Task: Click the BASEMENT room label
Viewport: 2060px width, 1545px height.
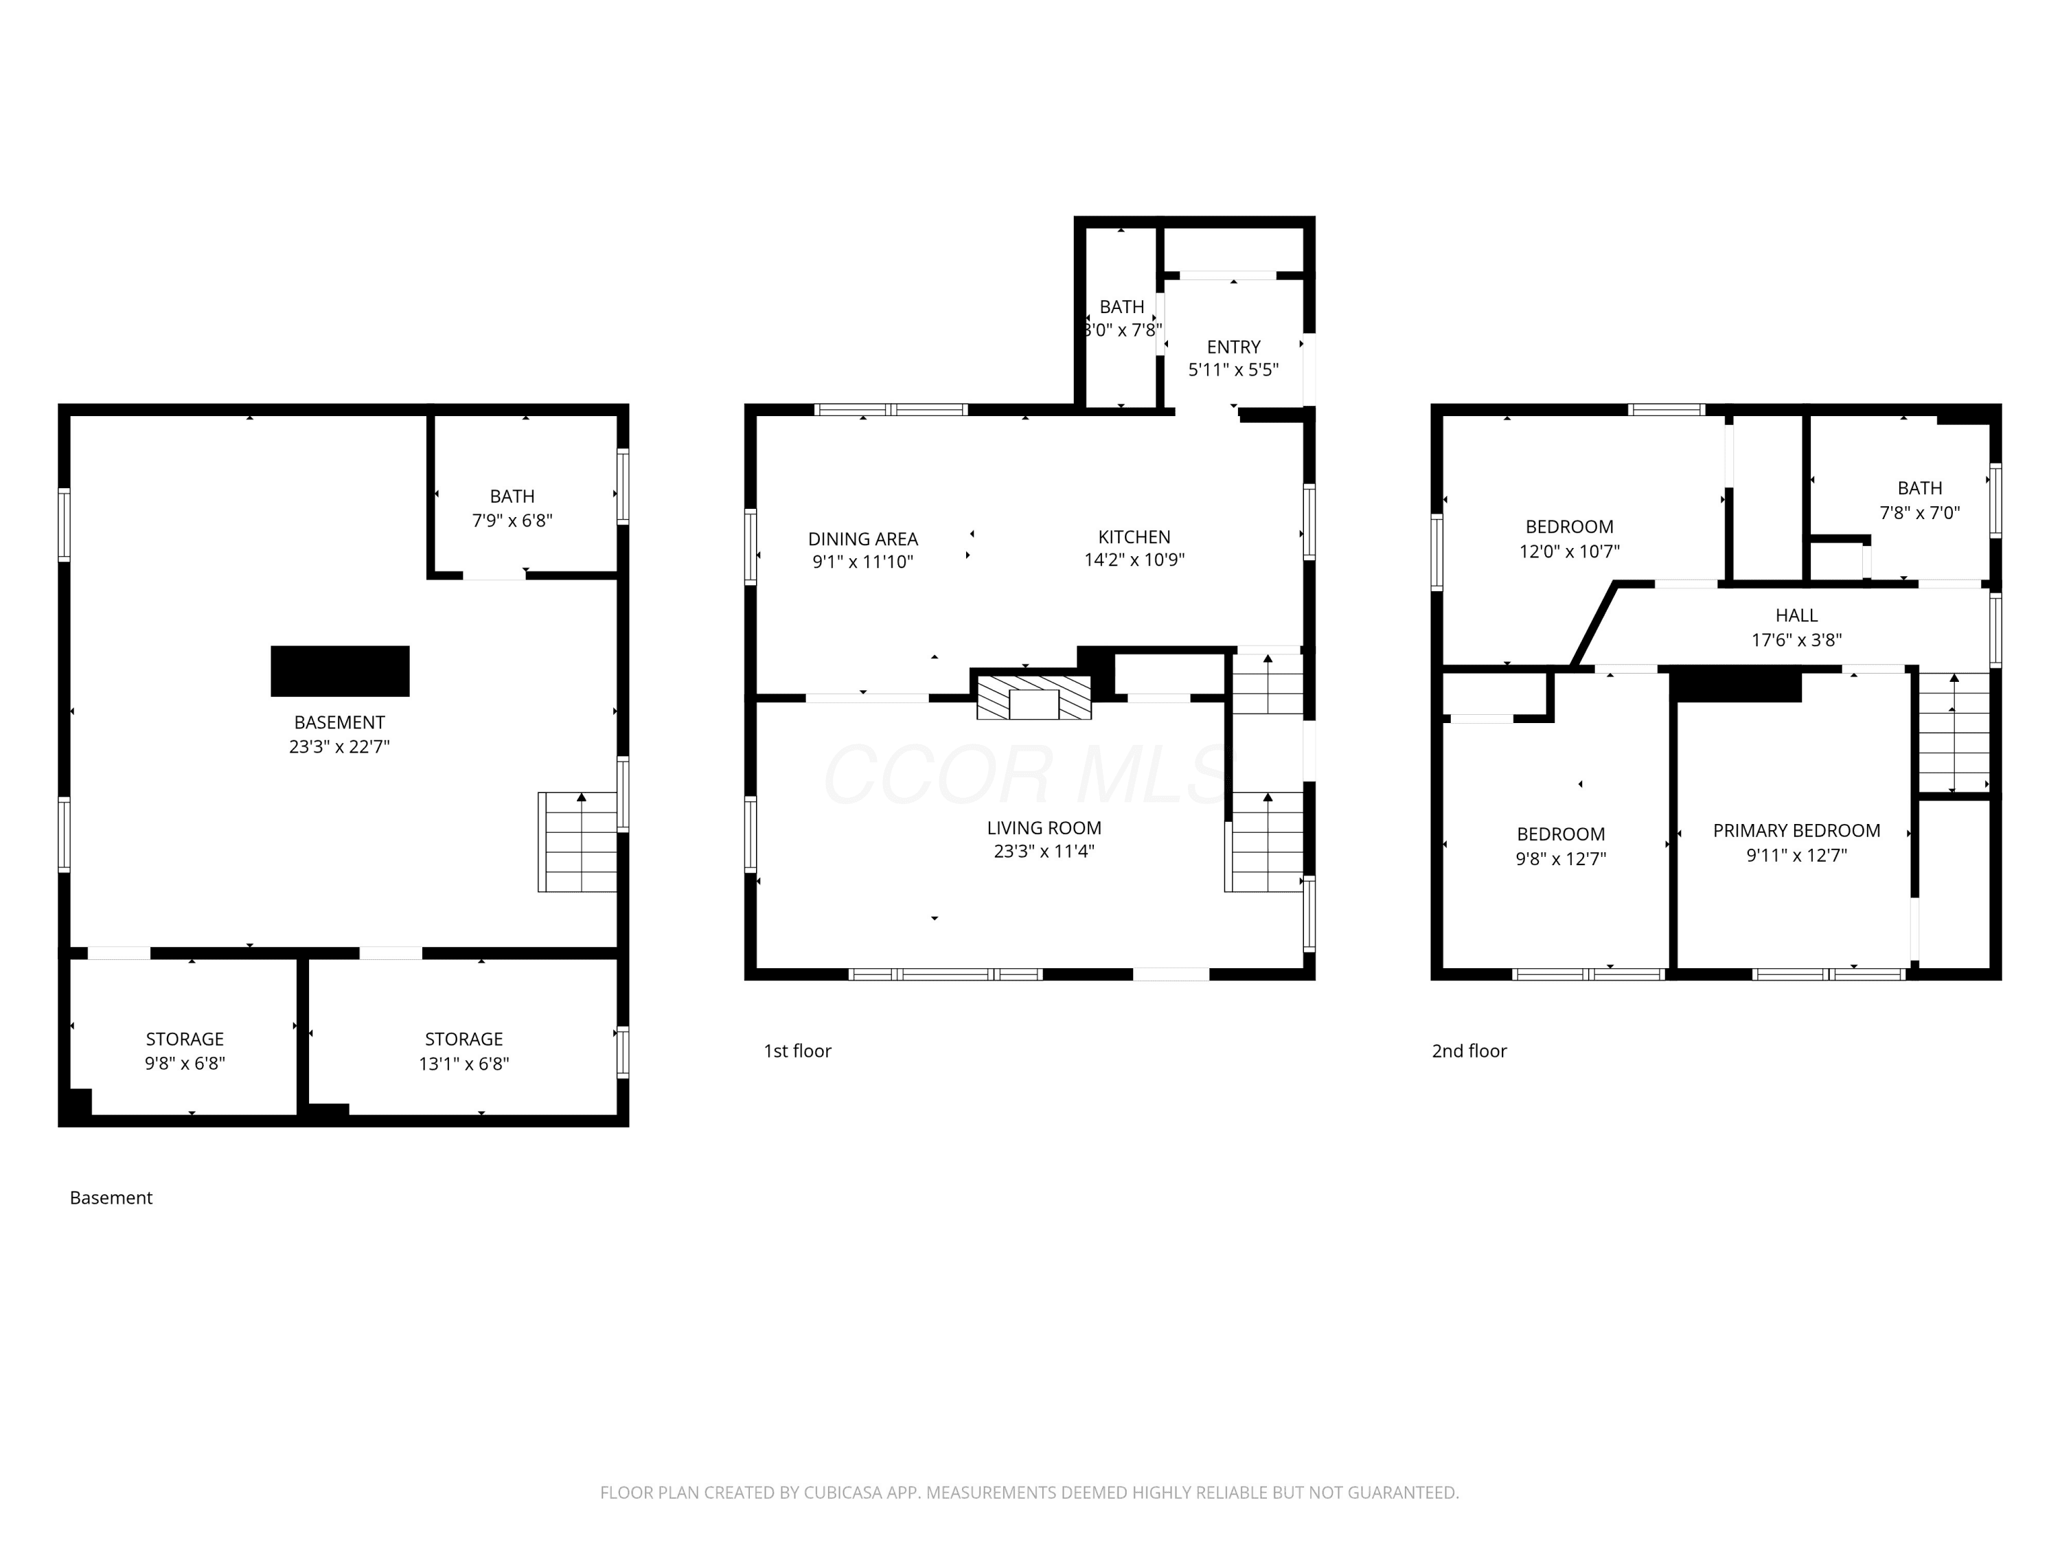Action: coord(339,722)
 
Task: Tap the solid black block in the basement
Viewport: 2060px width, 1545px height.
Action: coord(340,670)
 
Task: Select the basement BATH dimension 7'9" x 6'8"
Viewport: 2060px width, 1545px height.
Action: coord(512,520)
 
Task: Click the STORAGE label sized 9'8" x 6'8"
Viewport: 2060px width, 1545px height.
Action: coord(185,1040)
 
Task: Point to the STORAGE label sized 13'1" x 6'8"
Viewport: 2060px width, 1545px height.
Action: coord(463,1040)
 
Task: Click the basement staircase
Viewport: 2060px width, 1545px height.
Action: coord(577,842)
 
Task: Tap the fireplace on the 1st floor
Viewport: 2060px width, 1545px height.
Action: coord(1033,698)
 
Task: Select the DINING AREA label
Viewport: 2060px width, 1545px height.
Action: coord(862,539)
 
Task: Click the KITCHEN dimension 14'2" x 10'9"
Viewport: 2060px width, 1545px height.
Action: coord(1134,560)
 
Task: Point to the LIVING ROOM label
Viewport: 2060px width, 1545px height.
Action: coord(1044,828)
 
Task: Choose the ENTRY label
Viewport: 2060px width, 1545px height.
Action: coord(1233,347)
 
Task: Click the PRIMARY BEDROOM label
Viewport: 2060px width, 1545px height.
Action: coord(1796,831)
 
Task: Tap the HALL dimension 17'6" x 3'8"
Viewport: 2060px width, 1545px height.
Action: coord(1796,640)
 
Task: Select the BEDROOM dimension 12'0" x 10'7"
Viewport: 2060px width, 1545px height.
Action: coord(1569,551)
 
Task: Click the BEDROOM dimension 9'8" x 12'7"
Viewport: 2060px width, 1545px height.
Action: coord(1561,858)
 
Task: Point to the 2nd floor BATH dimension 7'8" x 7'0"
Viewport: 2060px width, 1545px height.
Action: coord(1919,513)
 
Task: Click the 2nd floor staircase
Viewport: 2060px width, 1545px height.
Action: coord(1954,732)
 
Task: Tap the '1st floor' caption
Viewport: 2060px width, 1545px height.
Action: coord(797,1051)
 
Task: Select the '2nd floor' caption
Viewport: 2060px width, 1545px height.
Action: coord(1469,1051)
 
